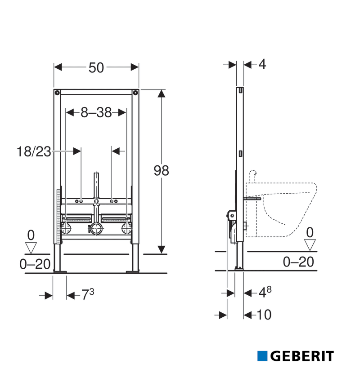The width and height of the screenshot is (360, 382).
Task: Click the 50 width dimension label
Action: point(96,68)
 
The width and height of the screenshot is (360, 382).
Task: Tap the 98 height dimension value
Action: point(161,170)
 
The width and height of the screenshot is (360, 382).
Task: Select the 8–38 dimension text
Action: point(96,112)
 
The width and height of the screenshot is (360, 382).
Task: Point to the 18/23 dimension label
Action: point(34,151)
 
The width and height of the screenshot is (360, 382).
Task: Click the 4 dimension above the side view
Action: point(262,64)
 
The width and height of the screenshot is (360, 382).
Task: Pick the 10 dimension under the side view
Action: point(264,315)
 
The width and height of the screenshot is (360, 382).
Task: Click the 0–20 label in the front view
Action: point(35,264)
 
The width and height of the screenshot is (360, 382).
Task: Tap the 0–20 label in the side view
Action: point(298,262)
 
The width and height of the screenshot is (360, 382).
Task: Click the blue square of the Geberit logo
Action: point(262,356)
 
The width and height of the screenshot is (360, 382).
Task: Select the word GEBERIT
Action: point(302,356)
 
